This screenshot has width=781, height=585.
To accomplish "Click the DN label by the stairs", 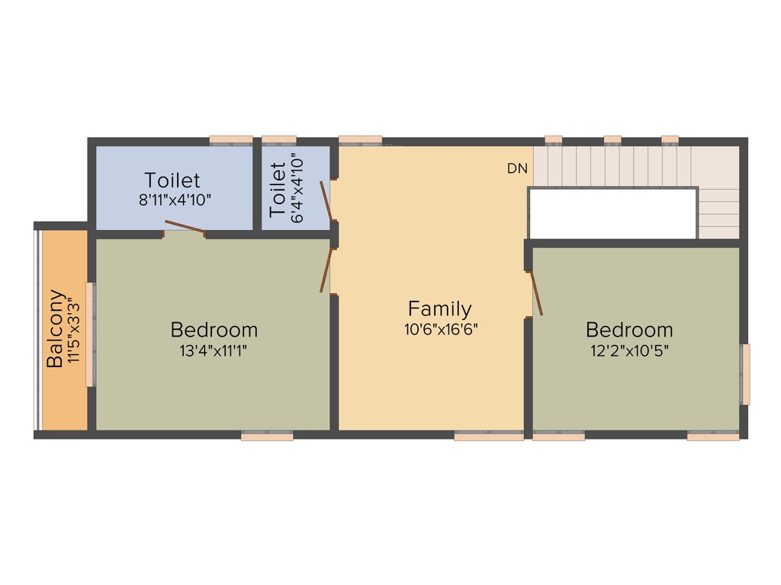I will [x=517, y=169].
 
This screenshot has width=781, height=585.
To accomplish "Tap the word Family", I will [x=439, y=308].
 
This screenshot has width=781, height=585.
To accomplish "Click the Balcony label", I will [x=55, y=329].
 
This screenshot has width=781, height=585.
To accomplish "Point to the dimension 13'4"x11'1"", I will [x=214, y=350].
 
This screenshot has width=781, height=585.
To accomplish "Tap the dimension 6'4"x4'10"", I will [x=297, y=188].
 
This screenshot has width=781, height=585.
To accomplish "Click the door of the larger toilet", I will [x=185, y=226].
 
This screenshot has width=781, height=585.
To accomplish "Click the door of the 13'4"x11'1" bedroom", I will [x=326, y=270].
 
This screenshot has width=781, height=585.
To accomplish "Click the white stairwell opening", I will [x=612, y=213].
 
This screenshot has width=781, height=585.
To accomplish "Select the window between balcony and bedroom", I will [x=89, y=334].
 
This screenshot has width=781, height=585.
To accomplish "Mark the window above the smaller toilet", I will [x=279, y=140].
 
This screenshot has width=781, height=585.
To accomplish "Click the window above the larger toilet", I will [x=230, y=140].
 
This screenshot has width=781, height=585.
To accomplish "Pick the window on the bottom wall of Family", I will [x=489, y=436].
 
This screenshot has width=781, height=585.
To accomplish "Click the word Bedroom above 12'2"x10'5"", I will [x=629, y=330].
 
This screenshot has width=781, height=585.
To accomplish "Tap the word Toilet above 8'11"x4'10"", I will [x=172, y=181].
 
